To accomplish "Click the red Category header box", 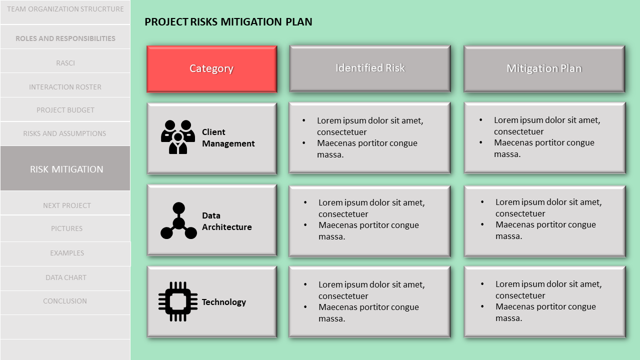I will click(211, 69).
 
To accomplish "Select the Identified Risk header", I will click(370, 68).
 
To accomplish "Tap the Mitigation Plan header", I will click(544, 68).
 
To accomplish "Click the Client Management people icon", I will click(178, 137).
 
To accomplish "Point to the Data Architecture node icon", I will click(178, 220).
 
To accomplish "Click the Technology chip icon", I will click(177, 301).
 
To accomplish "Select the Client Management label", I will click(228, 138).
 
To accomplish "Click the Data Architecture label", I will click(226, 221).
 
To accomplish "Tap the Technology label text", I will click(224, 302).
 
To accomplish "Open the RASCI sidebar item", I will click(65, 63).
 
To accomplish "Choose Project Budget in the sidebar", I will click(65, 110).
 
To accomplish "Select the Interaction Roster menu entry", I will click(65, 87).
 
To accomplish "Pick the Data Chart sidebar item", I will click(65, 277).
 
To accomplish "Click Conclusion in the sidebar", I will click(65, 301).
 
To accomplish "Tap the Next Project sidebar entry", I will click(66, 205).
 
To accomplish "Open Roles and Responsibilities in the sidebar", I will click(65, 38).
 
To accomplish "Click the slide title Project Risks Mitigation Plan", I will click(228, 22).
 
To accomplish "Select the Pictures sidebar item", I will click(66, 228).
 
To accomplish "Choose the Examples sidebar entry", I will click(66, 253).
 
